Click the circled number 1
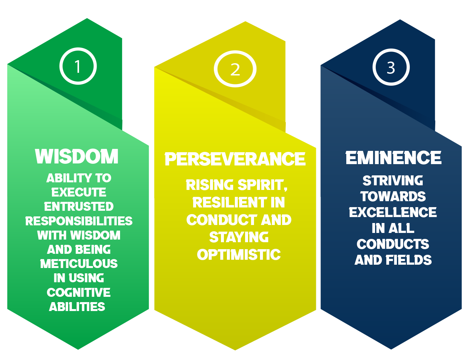pyautogui.click(x=78, y=66)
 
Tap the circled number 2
pyautogui.click(x=235, y=69)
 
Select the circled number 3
pyautogui.click(x=391, y=67)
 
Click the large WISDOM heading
pyautogui.click(x=77, y=157)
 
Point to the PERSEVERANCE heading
pyautogui.click(x=235, y=159)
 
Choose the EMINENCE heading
pyautogui.click(x=393, y=157)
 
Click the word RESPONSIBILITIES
pyautogui.click(x=79, y=221)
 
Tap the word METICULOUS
pyautogui.click(x=79, y=263)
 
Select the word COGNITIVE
pyautogui.click(x=79, y=292)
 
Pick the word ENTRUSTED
pyautogui.click(x=79, y=206)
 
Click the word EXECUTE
pyautogui.click(x=79, y=192)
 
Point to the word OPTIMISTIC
pyautogui.click(x=239, y=254)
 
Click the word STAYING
pyautogui.click(x=239, y=237)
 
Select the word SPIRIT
pyautogui.click(x=263, y=185)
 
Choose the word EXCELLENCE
pyautogui.click(x=393, y=212)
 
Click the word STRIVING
pyautogui.click(x=393, y=180)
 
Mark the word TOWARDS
pyautogui.click(x=393, y=196)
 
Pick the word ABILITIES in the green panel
pyautogui.click(x=77, y=307)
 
